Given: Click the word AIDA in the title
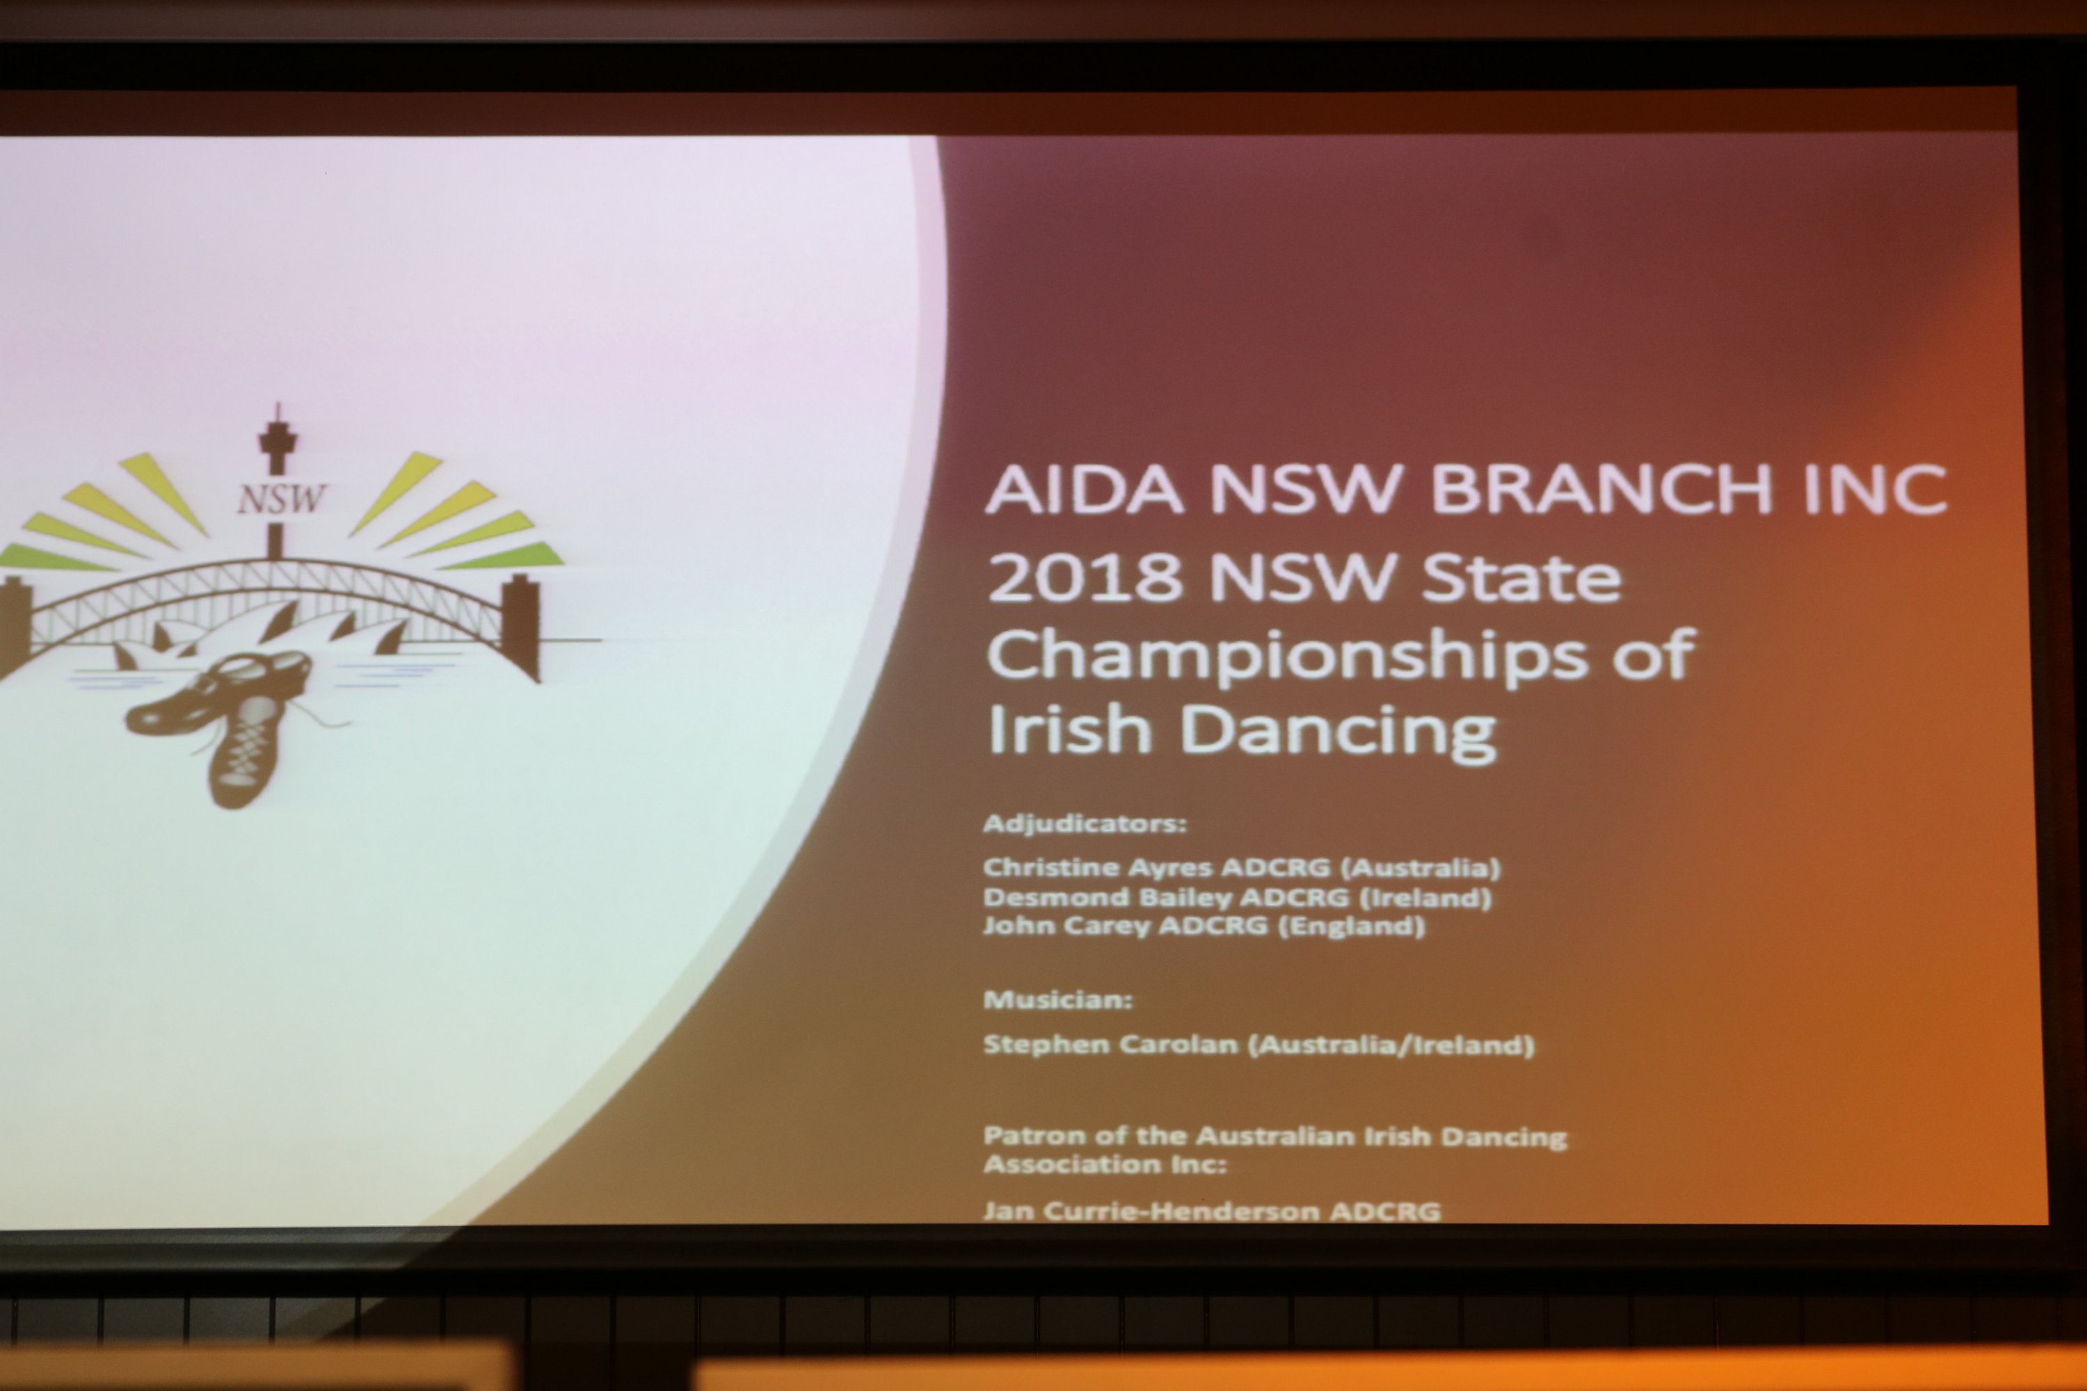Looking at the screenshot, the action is coord(1085,489).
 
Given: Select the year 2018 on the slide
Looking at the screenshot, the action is coord(1085,577).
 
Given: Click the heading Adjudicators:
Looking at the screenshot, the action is coord(1085,824).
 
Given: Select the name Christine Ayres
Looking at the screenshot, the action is coord(1097,867).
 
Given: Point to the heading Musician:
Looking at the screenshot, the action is coord(1057,1000).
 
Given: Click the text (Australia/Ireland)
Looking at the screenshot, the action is coord(1391,1046).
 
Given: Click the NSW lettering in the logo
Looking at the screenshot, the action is coord(281,499).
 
